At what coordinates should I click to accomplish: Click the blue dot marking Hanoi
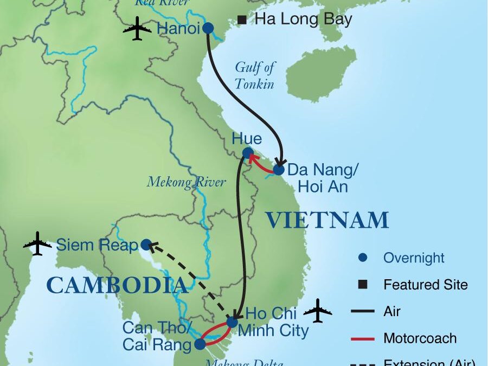click(208, 28)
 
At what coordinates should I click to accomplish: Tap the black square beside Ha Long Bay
click(242, 21)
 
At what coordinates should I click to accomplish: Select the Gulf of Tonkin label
click(254, 75)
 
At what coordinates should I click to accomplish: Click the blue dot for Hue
click(247, 152)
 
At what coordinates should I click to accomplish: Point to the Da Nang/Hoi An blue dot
click(278, 170)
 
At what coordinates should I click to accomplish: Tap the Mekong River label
click(186, 182)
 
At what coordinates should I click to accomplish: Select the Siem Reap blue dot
click(146, 245)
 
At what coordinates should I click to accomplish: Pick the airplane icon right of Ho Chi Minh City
click(318, 311)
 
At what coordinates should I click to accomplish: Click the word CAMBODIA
click(117, 285)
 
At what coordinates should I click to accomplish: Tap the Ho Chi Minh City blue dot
click(232, 322)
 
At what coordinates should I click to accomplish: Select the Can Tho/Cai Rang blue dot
click(200, 343)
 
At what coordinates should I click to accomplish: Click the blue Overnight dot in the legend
click(362, 258)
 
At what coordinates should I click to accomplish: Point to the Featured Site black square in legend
click(362, 284)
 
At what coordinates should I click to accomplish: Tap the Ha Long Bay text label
click(304, 20)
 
